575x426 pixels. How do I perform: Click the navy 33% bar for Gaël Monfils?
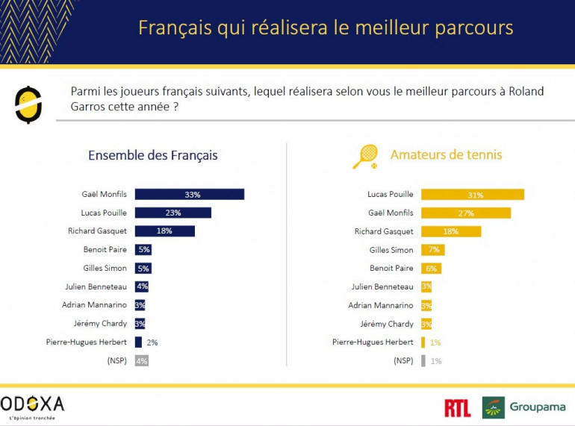[190, 195]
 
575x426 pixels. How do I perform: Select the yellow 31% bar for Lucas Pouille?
[473, 195]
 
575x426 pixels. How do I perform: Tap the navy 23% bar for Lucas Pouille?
[173, 213]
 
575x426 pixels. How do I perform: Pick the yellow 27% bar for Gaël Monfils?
[466, 213]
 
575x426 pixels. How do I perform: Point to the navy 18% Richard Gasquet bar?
[165, 231]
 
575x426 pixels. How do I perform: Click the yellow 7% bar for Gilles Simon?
[433, 250]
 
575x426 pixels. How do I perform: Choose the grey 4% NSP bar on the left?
[142, 360]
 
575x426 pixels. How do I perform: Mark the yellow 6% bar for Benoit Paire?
[432, 269]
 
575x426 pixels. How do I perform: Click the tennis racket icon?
[365, 156]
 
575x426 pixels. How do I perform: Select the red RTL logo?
[457, 407]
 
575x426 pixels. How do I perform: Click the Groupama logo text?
[538, 407]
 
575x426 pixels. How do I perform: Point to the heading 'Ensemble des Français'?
[153, 155]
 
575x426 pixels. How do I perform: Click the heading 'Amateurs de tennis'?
[446, 155]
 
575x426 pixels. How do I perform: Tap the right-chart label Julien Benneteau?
[382, 286]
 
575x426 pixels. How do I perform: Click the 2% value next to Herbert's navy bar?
[152, 342]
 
